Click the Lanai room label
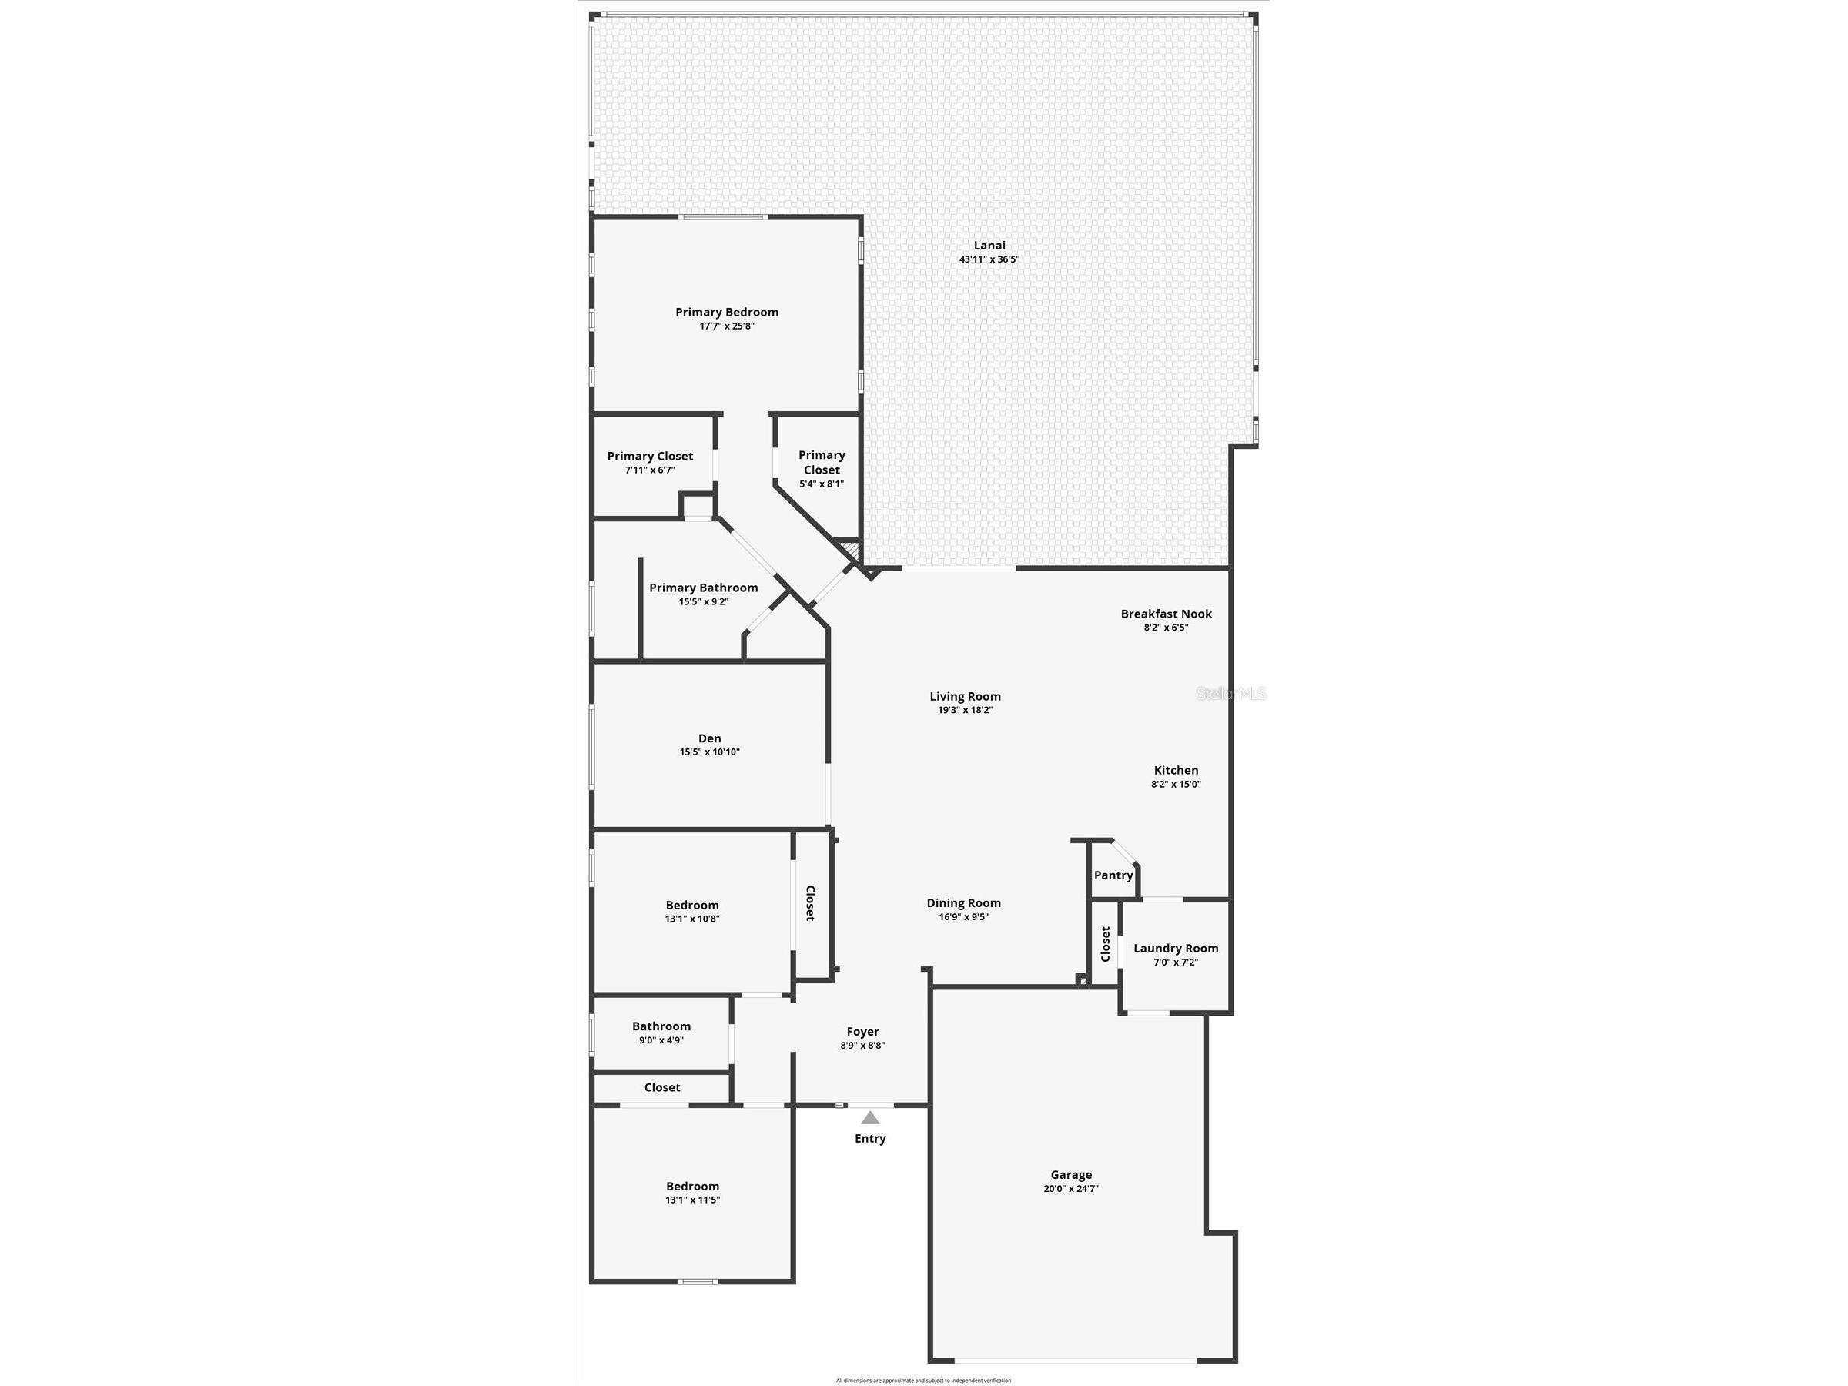(989, 246)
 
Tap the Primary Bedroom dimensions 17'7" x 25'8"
(727, 326)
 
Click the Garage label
(1071, 1174)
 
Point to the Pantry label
(1113, 875)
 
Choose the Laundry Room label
(1176, 948)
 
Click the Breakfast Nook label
(1167, 614)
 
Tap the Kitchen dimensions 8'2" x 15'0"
(1177, 785)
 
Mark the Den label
(709, 738)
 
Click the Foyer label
(863, 1032)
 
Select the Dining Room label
(963, 903)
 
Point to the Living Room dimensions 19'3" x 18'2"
(965, 710)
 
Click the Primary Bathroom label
(704, 588)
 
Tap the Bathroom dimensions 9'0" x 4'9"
(661, 1040)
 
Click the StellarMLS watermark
(1231, 694)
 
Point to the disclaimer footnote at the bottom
(923, 1380)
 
